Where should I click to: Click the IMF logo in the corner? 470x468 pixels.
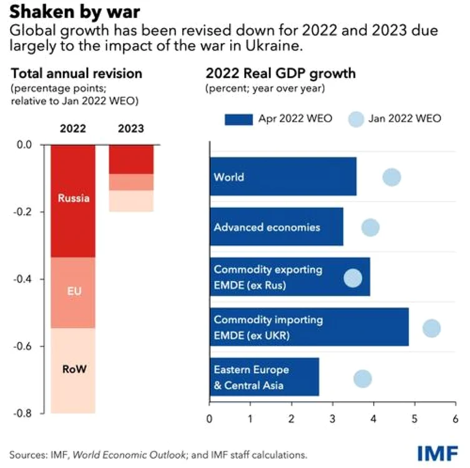coord(438,453)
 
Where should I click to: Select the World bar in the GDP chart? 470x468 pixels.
coord(283,177)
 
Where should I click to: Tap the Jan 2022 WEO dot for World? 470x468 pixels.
coord(392,177)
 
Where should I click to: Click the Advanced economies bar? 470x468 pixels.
coord(277,227)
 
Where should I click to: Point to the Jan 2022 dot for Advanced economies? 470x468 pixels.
coord(371,227)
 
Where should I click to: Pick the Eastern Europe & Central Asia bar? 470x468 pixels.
coord(265,377)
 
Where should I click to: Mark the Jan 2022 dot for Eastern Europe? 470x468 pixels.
coord(363,378)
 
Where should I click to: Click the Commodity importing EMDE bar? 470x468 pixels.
coord(310,327)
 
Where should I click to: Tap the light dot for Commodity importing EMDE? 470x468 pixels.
coord(432,328)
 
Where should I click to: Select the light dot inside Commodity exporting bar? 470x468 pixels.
coord(353,278)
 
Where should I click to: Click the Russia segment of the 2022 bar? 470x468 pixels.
coord(73,201)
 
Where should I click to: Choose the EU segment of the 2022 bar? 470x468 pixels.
coord(73,293)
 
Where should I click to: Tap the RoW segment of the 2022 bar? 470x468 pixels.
coord(73,371)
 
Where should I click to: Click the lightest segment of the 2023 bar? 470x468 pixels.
coord(131,201)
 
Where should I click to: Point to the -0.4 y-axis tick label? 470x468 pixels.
coord(22,280)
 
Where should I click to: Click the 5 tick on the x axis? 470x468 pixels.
coord(414,419)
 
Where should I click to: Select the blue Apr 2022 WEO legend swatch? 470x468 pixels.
coord(238,120)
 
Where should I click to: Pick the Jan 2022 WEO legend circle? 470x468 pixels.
coord(356,119)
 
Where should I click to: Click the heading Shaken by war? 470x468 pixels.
coord(75,12)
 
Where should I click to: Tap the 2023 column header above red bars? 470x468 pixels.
coord(131,129)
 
